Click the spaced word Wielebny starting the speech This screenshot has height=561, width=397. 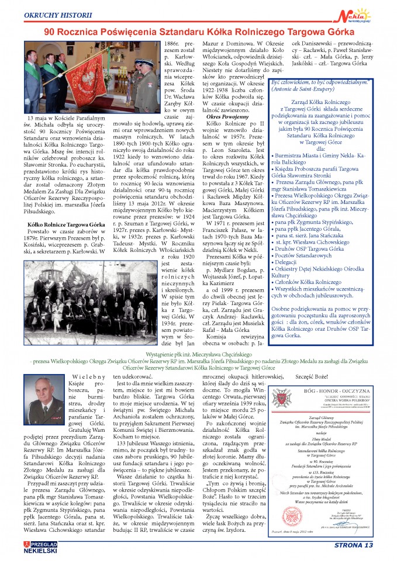87,376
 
